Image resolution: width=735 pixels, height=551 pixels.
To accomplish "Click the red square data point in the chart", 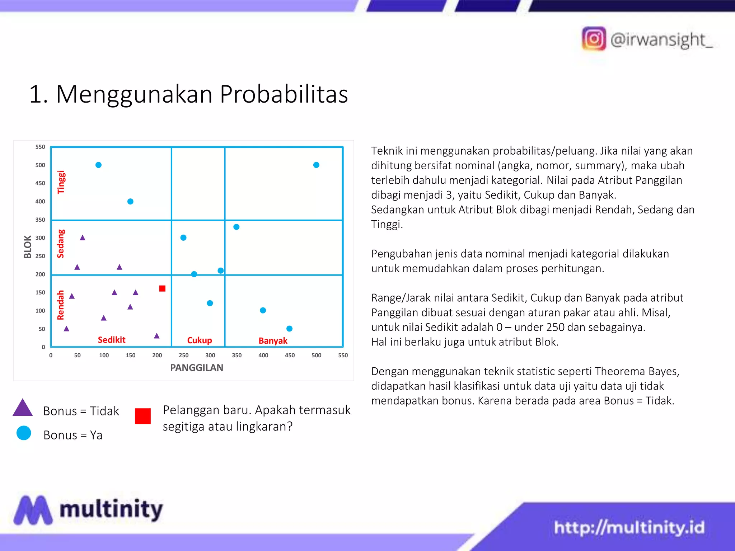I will pos(162,288).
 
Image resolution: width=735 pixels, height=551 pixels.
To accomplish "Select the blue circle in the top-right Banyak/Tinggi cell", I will pos(316,165).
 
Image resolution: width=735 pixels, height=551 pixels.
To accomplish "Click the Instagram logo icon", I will pos(594,39).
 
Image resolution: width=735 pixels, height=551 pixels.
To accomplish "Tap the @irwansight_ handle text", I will pos(661,39).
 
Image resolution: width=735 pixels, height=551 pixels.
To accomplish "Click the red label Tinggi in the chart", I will pos(61,182).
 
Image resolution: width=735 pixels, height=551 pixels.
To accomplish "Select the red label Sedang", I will pos(61,244).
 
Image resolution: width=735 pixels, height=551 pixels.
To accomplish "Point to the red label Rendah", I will pos(61,305).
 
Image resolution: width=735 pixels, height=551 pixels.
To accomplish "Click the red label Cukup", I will pos(200,340).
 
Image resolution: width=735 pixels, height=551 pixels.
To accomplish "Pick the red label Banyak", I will pos(273,340).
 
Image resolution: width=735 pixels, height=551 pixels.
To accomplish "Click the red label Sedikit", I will pos(112,340).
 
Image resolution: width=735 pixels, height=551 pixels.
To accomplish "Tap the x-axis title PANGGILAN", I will pos(196,368).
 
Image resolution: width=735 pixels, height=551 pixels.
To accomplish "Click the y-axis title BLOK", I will pos(28,247).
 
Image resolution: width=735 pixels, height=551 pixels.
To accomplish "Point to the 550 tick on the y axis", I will pos(40,147).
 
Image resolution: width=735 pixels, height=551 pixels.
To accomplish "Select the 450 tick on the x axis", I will pos(290,355).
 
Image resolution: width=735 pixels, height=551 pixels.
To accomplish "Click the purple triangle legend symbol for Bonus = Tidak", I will pos(23,409).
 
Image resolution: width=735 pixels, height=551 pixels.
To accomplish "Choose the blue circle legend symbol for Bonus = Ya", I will pos(24,433).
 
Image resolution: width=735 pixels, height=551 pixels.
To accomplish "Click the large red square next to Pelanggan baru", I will pos(142,416).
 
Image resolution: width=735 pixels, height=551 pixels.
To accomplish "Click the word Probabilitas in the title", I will pos(284,94).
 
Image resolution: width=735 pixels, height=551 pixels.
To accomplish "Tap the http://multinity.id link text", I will pos(629,527).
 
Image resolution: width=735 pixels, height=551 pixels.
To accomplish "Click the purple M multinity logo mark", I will pos(33,510).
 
